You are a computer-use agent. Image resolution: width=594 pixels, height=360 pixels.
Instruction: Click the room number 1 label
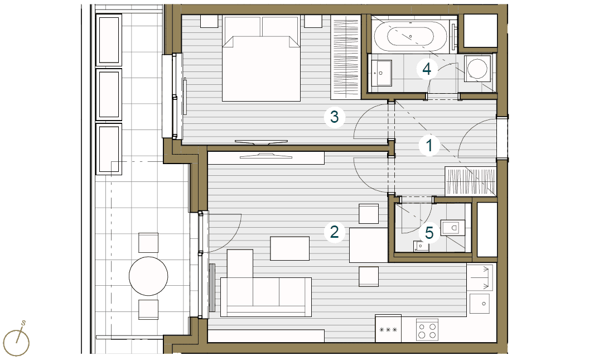click(429, 146)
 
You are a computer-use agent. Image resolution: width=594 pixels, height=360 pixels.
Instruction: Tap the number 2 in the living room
click(334, 232)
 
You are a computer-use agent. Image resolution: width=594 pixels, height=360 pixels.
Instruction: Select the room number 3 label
click(334, 117)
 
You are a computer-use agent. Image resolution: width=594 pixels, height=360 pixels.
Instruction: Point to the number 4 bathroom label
click(427, 69)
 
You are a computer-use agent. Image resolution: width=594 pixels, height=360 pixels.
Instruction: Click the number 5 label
click(429, 233)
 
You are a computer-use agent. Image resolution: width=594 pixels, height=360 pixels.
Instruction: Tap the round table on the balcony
click(148, 276)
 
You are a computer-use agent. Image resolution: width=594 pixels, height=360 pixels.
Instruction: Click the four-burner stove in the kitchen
click(427, 330)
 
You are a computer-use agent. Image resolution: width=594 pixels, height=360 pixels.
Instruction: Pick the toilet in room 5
click(453, 227)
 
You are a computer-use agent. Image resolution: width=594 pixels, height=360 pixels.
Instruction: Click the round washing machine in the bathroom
click(477, 68)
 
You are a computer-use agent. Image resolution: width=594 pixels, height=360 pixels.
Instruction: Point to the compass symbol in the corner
click(17, 340)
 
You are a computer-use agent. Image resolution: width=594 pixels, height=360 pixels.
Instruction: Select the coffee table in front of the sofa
click(290, 248)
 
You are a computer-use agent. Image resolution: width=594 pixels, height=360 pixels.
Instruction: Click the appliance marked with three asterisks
click(388, 329)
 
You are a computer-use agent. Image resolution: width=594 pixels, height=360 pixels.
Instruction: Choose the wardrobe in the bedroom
click(345, 55)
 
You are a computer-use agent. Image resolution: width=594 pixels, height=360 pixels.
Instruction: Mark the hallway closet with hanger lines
click(471, 181)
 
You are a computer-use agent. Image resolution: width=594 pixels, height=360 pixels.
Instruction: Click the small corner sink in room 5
click(421, 247)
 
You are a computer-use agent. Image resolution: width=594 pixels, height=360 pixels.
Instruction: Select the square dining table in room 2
click(369, 245)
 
